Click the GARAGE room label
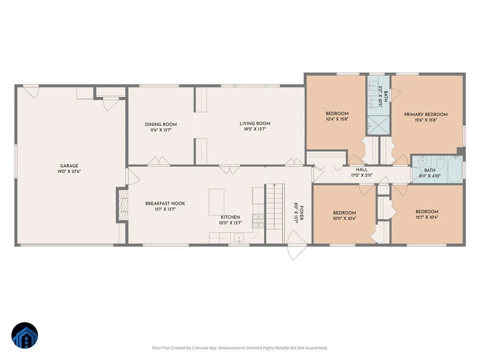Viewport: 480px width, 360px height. tap(69, 166)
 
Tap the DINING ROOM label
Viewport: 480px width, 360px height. tap(161, 124)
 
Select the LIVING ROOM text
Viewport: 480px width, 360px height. tap(255, 124)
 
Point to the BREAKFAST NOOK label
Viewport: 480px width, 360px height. tap(165, 204)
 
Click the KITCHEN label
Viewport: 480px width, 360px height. tap(230, 217)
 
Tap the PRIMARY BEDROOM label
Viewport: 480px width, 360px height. tap(426, 114)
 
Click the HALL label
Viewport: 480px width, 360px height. tap(362, 169)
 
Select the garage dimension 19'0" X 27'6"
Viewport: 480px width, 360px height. tap(69, 172)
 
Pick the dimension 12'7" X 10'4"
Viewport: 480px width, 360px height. tap(427, 217)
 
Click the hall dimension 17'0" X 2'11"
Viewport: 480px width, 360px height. tap(362, 175)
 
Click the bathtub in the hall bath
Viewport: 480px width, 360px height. tap(455, 169)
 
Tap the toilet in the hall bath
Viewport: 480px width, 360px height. tap(440, 162)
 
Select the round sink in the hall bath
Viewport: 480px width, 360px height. tap(423, 161)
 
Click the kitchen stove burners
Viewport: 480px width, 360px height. tap(258, 221)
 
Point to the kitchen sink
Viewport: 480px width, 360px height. tap(239, 237)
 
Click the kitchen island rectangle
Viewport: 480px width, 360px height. tap(216, 202)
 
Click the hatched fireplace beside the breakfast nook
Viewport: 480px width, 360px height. tap(123, 205)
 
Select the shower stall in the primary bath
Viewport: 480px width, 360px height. tap(378, 126)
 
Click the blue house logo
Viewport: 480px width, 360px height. tap(25, 335)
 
